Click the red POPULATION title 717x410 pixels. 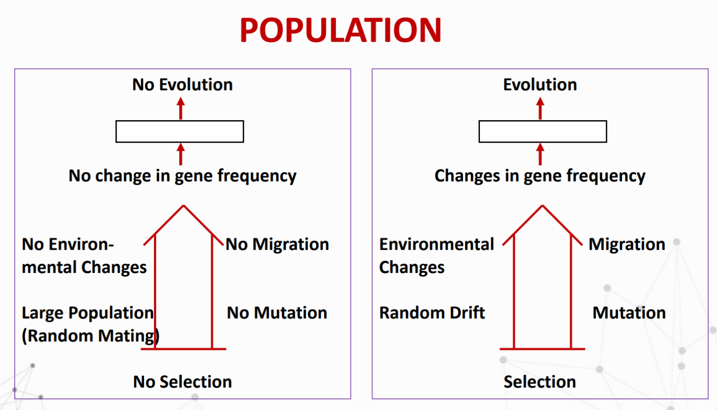[x=340, y=30]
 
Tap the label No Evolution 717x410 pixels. [x=182, y=85]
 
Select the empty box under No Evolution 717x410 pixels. [x=180, y=131]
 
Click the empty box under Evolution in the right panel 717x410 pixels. [x=542, y=131]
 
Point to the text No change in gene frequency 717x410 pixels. [x=182, y=176]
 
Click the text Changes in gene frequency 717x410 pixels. [x=539, y=176]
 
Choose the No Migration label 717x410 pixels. [x=277, y=244]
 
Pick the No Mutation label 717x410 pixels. [x=277, y=313]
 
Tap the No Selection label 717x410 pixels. [x=182, y=382]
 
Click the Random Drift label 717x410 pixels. [x=432, y=313]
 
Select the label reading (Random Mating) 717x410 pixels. [x=90, y=336]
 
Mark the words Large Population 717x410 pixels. [x=88, y=313]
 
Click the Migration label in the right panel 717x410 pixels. [x=626, y=244]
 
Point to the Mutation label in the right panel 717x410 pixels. [x=629, y=313]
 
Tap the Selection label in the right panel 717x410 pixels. [x=539, y=382]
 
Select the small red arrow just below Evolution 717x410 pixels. [x=540, y=108]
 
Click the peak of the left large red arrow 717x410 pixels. [x=183, y=206]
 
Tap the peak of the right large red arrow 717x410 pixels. [x=542, y=206]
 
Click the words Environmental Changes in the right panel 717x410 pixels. [x=436, y=256]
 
